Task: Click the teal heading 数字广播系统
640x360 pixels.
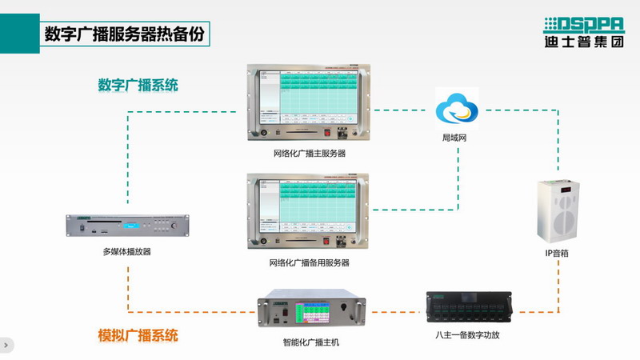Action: [x=138, y=84]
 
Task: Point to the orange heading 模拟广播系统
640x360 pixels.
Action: [x=138, y=334]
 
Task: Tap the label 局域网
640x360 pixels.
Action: [x=454, y=138]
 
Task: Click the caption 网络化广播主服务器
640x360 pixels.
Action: [x=309, y=152]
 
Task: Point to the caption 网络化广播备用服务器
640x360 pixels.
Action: [x=309, y=262]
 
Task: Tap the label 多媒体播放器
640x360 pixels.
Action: [x=126, y=251]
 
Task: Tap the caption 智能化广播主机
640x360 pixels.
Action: [x=311, y=342]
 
